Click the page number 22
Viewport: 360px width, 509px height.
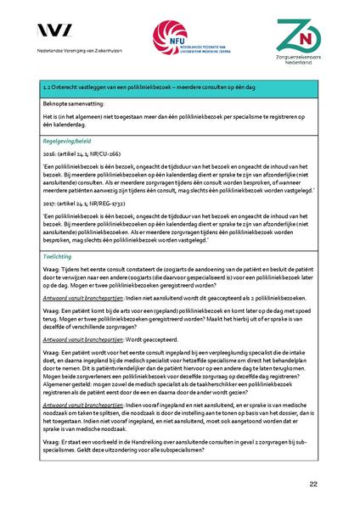[x=313, y=483]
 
